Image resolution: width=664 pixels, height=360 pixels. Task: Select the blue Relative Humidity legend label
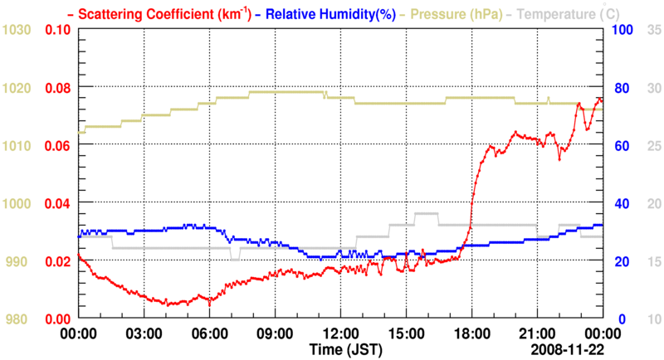(320, 13)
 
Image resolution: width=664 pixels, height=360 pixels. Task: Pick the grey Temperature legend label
(561, 13)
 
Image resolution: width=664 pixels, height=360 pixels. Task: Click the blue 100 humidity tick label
(622, 30)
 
